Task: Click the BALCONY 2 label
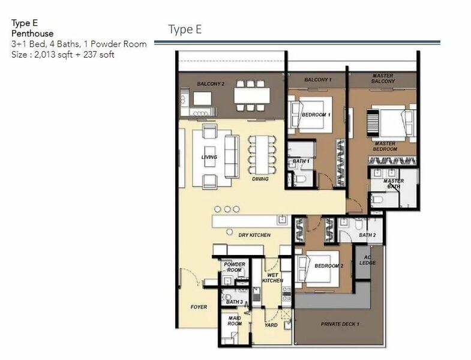pyautogui.click(x=211, y=84)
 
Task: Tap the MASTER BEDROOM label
pyautogui.click(x=385, y=146)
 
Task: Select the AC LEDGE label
pyautogui.click(x=368, y=260)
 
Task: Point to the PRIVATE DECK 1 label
pyautogui.click(x=340, y=324)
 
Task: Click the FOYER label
pyautogui.click(x=199, y=307)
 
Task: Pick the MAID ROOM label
pyautogui.click(x=235, y=320)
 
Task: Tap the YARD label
pyautogui.click(x=271, y=325)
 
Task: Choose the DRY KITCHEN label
pyautogui.click(x=254, y=235)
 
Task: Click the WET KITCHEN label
pyautogui.click(x=273, y=278)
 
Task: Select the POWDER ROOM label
pyautogui.click(x=235, y=267)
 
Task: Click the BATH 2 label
pyautogui.click(x=367, y=235)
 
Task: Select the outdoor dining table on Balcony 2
pyautogui.click(x=252, y=95)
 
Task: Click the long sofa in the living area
pyautogui.click(x=232, y=157)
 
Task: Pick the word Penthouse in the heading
pyautogui.click(x=32, y=34)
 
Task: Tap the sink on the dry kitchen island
pyautogui.click(x=283, y=220)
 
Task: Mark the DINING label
pyautogui.click(x=260, y=179)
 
